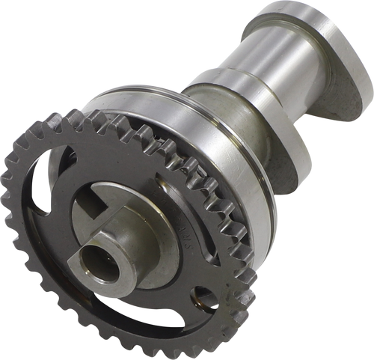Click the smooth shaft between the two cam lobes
247,75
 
